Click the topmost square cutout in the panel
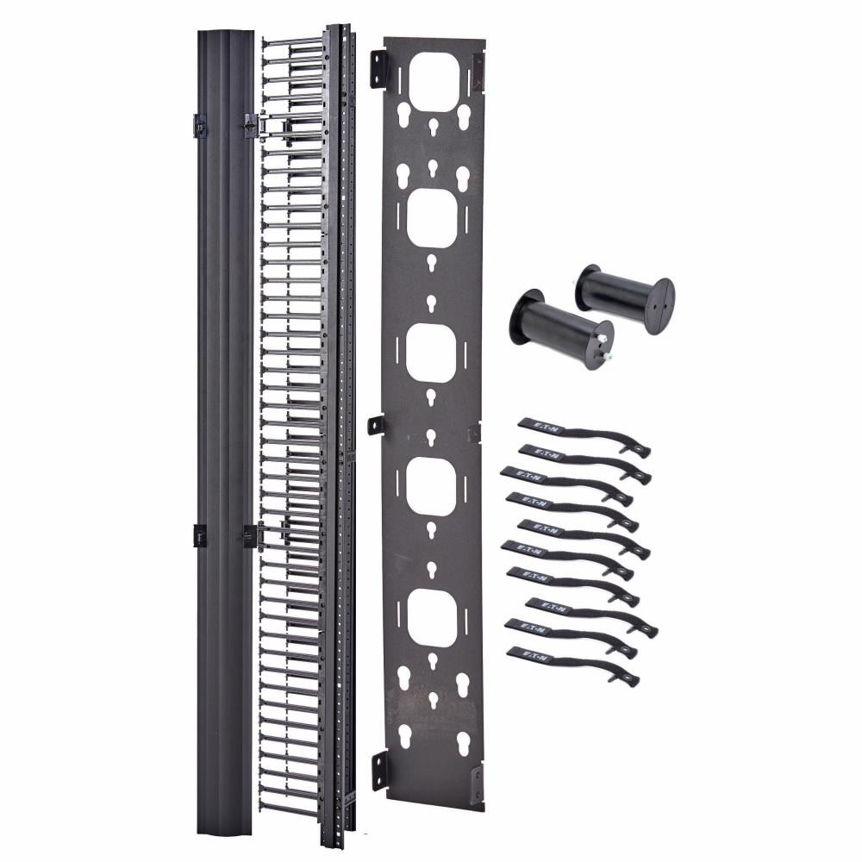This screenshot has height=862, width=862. (x=434, y=81)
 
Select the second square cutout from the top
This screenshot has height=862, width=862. (x=433, y=218)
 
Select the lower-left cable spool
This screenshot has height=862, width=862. (x=560, y=328)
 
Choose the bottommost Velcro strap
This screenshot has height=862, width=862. (x=572, y=665)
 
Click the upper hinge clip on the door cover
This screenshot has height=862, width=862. (x=199, y=126)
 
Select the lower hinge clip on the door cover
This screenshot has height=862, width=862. (x=199, y=535)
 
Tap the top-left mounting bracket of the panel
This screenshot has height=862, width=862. (x=378, y=68)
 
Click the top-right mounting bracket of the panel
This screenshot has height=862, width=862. (x=478, y=70)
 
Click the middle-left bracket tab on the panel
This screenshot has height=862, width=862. (x=376, y=425)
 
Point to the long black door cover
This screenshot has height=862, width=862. (x=225, y=431)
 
